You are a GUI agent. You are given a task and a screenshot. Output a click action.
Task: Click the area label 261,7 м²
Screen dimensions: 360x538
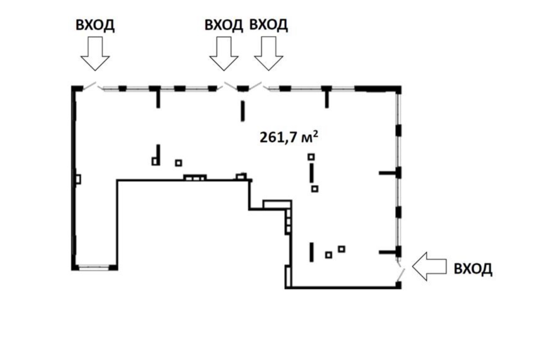pos(287,137)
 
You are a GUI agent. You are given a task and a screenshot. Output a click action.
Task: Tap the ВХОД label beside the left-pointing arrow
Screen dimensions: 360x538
pos(473,268)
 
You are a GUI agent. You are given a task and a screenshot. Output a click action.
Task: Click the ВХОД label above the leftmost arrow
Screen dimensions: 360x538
pos(95,25)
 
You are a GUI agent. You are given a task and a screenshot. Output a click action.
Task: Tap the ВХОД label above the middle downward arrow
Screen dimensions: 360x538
pos(224,25)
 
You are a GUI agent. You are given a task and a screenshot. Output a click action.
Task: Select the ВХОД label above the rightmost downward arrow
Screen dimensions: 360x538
pos(269,25)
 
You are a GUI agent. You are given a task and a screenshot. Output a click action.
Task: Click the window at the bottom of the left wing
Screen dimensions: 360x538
pos(95,267)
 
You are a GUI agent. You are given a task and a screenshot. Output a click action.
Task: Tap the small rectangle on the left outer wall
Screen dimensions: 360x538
pos(78,179)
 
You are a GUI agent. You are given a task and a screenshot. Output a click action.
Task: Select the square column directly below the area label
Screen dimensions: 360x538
pos(311,157)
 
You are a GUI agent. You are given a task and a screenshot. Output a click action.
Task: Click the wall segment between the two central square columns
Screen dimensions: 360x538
pos(311,172)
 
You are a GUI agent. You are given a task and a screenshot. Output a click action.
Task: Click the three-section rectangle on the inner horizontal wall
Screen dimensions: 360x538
pos(195,177)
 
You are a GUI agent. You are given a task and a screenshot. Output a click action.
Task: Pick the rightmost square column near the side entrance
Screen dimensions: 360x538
pos(341,249)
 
